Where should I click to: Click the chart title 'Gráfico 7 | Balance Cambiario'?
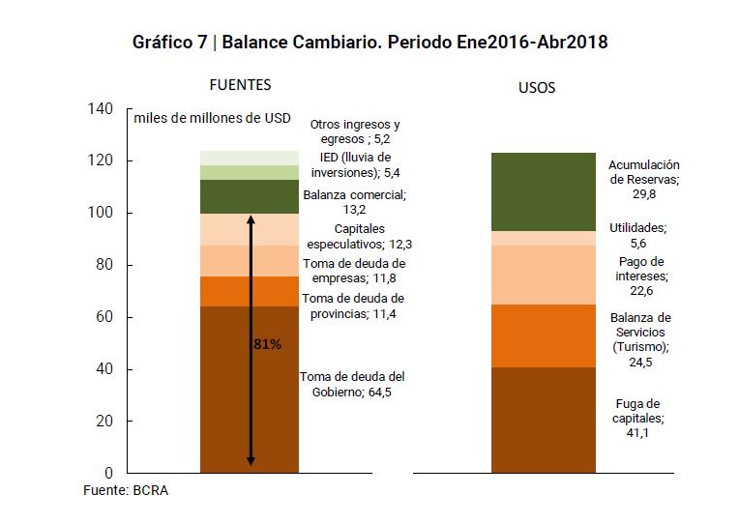coord(369,43)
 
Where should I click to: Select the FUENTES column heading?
coord(240,85)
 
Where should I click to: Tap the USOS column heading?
coord(537,88)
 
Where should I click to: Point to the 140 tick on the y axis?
coord(101,108)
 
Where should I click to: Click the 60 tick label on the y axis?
coord(104,317)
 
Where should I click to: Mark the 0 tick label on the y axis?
coord(108,473)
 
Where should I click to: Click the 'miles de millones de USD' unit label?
coord(213,118)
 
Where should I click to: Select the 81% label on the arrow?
coord(267,345)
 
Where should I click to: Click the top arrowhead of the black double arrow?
coord(251,219)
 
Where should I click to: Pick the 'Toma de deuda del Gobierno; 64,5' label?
coord(352,385)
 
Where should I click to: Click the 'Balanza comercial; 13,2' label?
coord(354,202)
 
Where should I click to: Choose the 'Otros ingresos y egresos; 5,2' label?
coord(354,131)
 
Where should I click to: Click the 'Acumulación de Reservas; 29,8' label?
coord(644,179)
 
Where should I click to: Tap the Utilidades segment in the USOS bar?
coord(543,238)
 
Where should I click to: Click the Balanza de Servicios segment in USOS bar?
coord(543,335)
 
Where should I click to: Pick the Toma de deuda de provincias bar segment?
coord(249,291)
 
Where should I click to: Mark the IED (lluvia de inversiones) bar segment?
coord(249,172)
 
